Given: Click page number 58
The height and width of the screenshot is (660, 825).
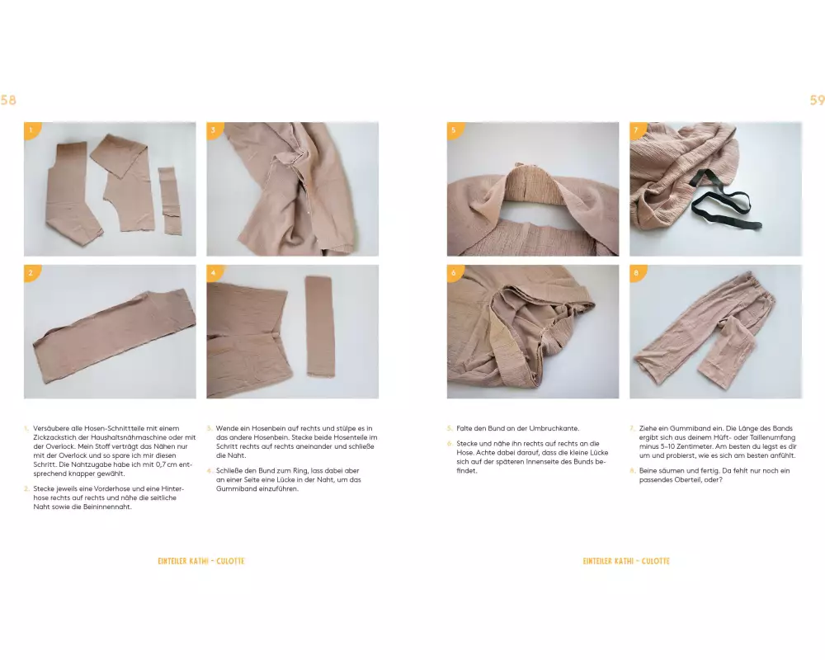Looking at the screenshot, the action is (x=8, y=100).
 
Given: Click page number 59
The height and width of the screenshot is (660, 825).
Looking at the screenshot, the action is (x=817, y=100).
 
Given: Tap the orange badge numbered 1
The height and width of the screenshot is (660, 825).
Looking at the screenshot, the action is (x=31, y=130).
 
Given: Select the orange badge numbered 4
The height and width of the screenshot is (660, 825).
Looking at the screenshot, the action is (x=214, y=272).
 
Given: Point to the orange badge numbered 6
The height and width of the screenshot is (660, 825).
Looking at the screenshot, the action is (x=455, y=272).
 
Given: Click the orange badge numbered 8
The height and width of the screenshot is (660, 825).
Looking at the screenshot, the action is (x=637, y=272).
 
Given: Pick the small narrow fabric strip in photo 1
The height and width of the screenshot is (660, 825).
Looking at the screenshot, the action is (x=169, y=201).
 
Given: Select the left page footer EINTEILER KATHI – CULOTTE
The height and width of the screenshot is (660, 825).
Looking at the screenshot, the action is (x=201, y=561).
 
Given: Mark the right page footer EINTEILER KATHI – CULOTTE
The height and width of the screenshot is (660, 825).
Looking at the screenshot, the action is (x=626, y=561).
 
